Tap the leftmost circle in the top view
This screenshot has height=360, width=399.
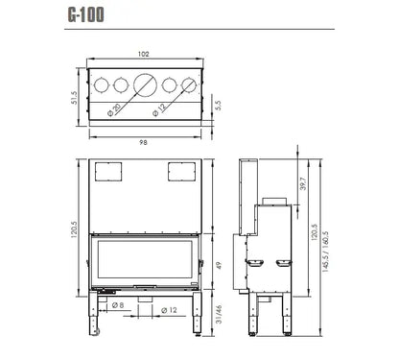(x=105, y=84)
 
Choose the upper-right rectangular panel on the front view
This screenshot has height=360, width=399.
(x=179, y=172)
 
